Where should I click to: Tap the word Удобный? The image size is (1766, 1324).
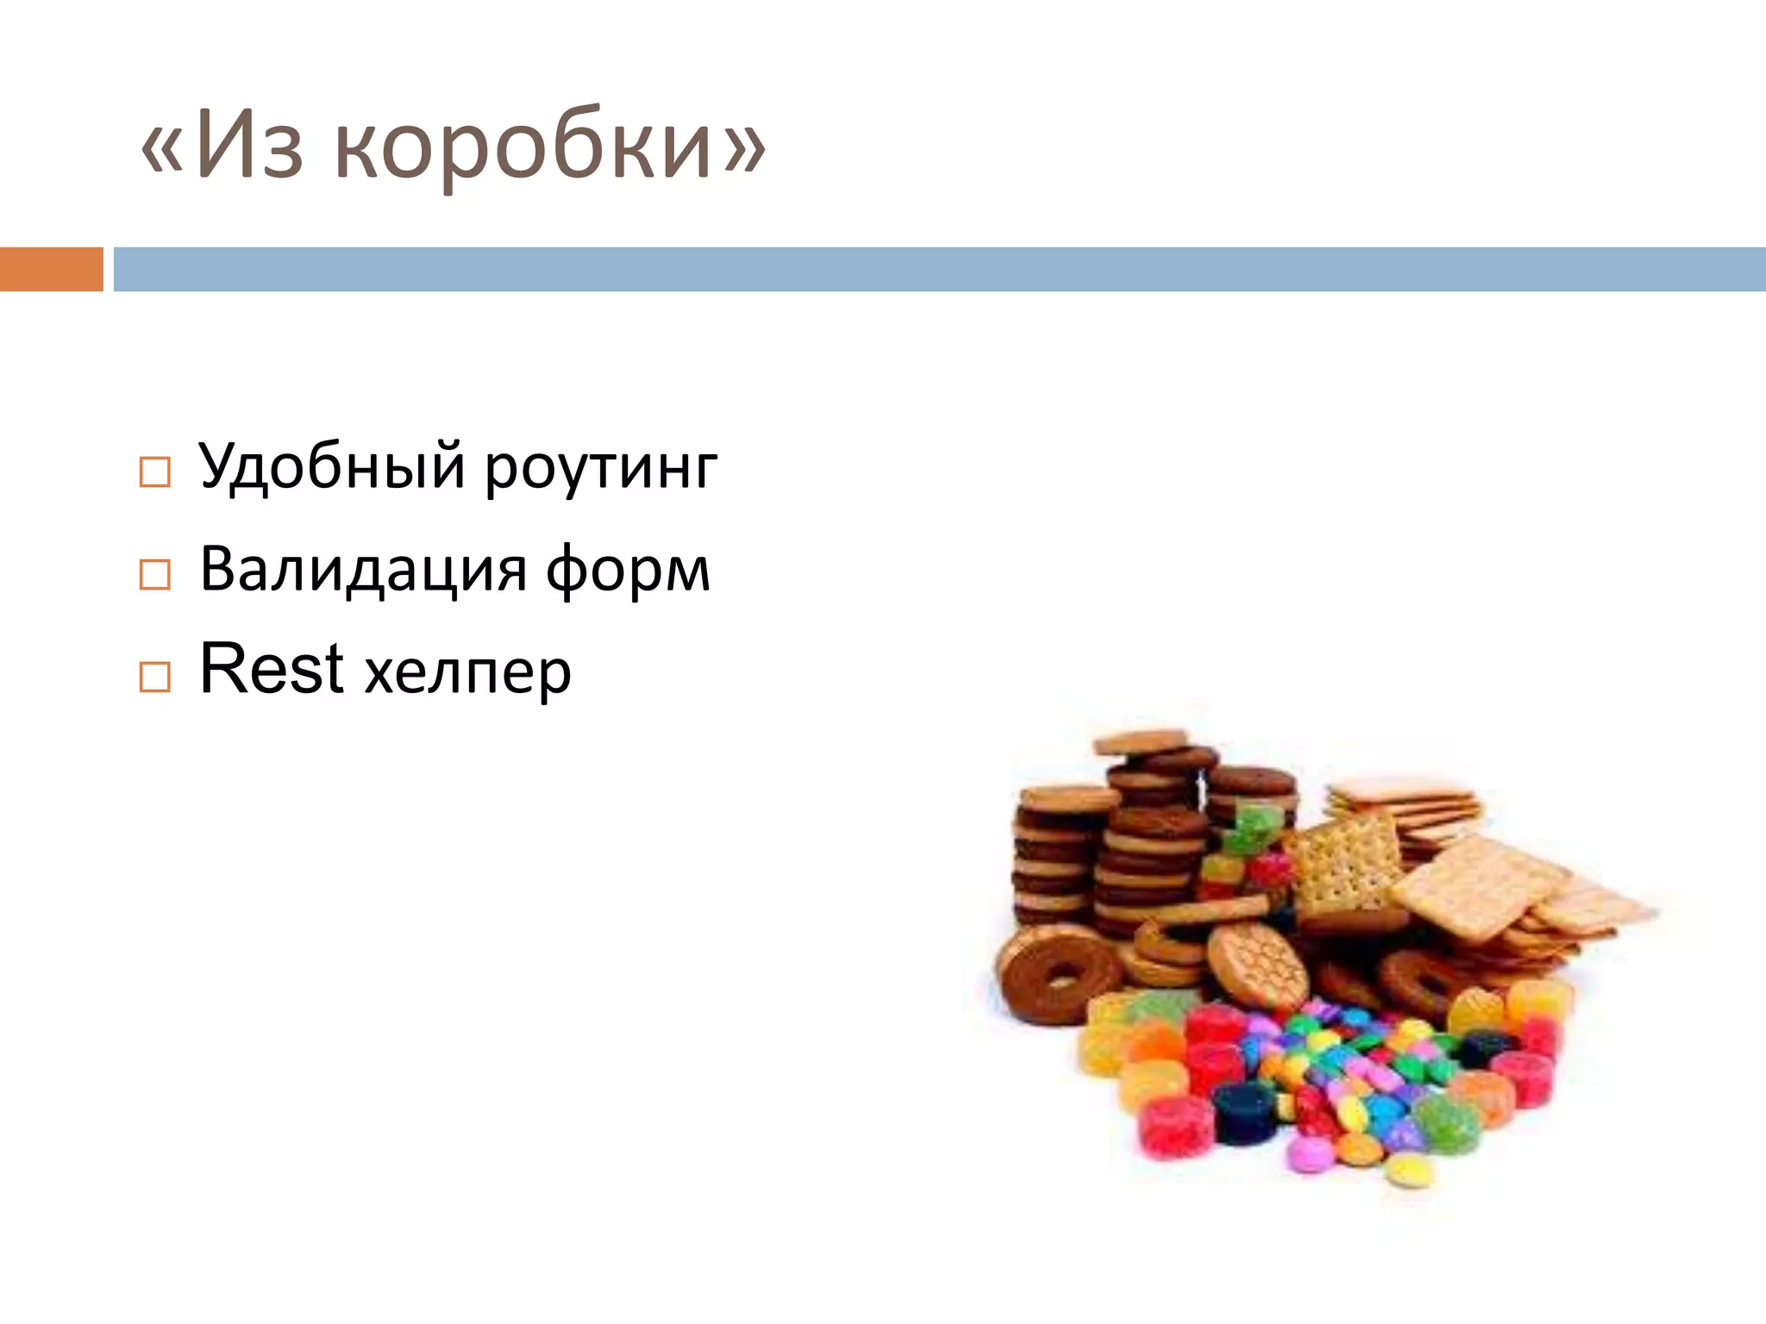(x=332, y=466)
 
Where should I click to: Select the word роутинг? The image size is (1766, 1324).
(x=601, y=470)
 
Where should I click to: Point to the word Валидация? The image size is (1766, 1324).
(x=362, y=571)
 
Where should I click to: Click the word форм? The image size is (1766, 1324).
(x=628, y=572)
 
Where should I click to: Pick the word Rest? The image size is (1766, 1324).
(x=272, y=669)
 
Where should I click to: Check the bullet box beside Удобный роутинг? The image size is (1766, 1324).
(x=155, y=472)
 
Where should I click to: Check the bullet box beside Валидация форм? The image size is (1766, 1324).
(x=155, y=574)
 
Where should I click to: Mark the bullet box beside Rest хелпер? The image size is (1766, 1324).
(x=155, y=677)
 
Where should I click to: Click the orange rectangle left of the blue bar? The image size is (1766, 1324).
(x=51, y=269)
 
